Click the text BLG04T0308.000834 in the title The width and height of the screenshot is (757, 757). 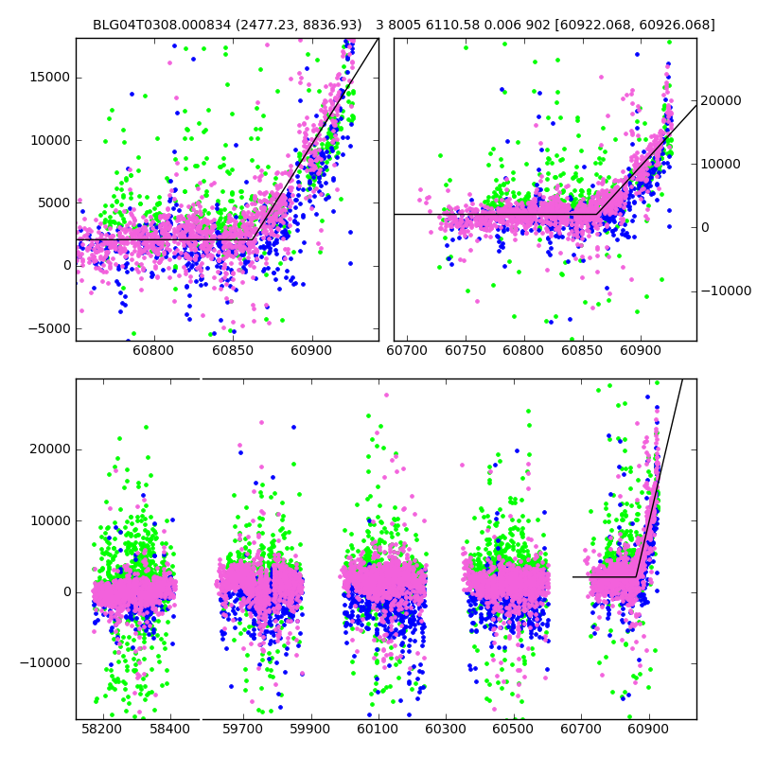[x=156, y=25]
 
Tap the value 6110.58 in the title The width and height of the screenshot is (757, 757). [x=452, y=25]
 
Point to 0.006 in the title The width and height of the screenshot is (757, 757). [x=501, y=25]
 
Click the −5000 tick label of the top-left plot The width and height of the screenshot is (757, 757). [x=47, y=328]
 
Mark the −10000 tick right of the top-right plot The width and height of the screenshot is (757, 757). [x=725, y=290]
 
